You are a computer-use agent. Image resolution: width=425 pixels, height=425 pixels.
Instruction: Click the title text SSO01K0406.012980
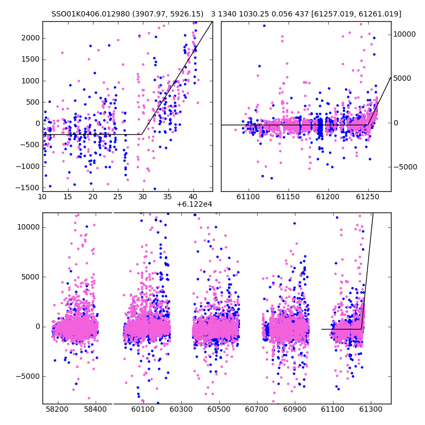90,14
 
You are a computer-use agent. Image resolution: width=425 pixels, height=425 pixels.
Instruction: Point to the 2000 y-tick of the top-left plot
31,38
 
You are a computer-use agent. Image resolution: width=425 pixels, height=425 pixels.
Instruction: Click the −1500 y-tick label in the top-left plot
28,188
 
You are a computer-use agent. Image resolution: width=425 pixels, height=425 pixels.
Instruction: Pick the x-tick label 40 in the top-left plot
193,197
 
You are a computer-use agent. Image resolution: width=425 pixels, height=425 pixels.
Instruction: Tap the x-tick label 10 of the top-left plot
42,197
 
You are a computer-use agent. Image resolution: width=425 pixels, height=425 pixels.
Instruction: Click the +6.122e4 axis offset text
194,205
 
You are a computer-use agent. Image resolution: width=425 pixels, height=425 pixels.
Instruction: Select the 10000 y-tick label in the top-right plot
404,34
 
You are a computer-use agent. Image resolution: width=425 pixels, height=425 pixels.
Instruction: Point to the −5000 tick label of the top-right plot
405,167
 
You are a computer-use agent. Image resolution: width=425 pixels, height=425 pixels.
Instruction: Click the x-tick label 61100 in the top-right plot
248,197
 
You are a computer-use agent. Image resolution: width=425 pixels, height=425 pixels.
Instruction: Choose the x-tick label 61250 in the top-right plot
368,197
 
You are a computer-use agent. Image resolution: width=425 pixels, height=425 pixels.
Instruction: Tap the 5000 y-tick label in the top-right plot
402,78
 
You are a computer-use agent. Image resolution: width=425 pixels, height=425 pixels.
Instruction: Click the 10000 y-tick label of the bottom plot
29,227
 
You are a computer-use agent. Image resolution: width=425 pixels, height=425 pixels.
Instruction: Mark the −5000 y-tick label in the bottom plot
28,377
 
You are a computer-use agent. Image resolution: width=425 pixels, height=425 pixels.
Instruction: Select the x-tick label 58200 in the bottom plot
57,409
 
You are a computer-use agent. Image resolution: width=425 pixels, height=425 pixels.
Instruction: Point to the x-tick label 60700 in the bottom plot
257,409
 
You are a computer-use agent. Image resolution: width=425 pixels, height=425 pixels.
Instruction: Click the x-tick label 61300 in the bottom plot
370,409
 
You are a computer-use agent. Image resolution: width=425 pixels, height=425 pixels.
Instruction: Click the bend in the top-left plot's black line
142,134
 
